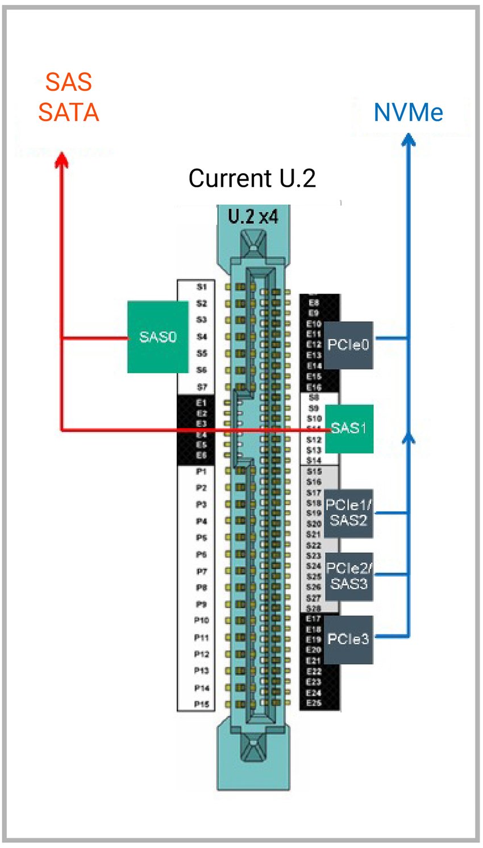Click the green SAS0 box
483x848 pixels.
click(x=157, y=337)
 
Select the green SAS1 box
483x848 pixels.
click(x=348, y=428)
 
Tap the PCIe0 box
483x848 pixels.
click(x=348, y=345)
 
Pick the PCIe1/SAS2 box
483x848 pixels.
click(x=348, y=513)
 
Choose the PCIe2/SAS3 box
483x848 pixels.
click(x=348, y=576)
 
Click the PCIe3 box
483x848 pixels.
click(x=348, y=639)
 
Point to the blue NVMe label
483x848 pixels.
click(x=408, y=112)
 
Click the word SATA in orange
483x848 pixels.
click(x=68, y=112)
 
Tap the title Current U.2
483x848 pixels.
click(x=252, y=178)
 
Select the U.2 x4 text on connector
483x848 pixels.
click(x=253, y=217)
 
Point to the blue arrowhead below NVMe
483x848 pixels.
click(x=408, y=139)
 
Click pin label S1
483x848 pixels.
click(x=202, y=287)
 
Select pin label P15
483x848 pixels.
click(x=201, y=704)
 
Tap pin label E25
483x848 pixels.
click(x=314, y=703)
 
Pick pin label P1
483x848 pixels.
click(x=201, y=471)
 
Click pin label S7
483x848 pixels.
click(x=202, y=387)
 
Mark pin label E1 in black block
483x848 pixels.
click(x=201, y=402)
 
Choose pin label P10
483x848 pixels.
click(x=201, y=620)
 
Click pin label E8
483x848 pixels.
click(x=314, y=303)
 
